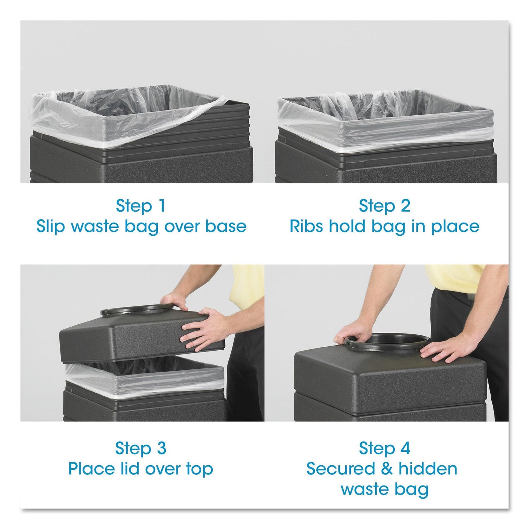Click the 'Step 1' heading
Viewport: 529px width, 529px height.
(141, 206)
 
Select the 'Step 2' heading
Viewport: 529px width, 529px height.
(384, 206)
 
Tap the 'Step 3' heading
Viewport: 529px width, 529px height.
(141, 448)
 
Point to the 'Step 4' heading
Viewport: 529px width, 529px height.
(384, 448)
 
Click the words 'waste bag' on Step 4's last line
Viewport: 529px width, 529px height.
(384, 489)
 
